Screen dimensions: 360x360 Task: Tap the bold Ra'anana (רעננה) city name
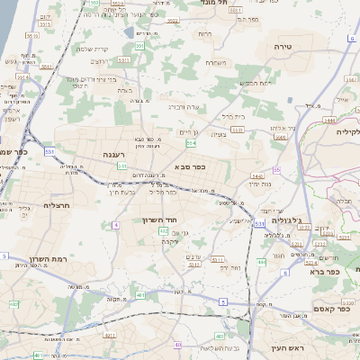119,155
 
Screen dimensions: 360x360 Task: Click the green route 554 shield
191,143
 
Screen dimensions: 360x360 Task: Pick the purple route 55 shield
276,169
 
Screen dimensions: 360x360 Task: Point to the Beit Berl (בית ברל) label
234,115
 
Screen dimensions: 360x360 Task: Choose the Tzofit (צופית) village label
218,134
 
